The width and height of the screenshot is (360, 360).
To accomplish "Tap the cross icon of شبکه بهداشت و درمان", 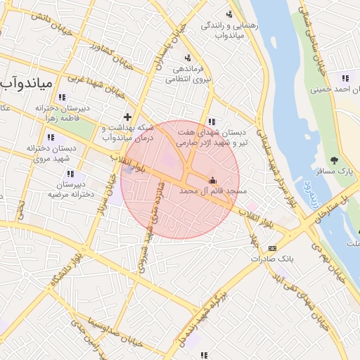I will click(x=127, y=117).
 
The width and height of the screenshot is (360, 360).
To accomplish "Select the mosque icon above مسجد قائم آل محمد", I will click(x=213, y=179).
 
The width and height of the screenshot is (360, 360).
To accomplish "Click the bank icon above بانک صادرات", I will click(x=272, y=248).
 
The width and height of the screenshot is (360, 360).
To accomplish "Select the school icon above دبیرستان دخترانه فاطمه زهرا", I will click(x=62, y=97).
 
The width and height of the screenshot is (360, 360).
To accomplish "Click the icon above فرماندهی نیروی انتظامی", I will click(x=188, y=58).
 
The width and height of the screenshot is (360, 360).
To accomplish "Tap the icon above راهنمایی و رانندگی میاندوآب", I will click(x=230, y=13).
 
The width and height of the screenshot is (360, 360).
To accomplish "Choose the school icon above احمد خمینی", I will click(x=345, y=78).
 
